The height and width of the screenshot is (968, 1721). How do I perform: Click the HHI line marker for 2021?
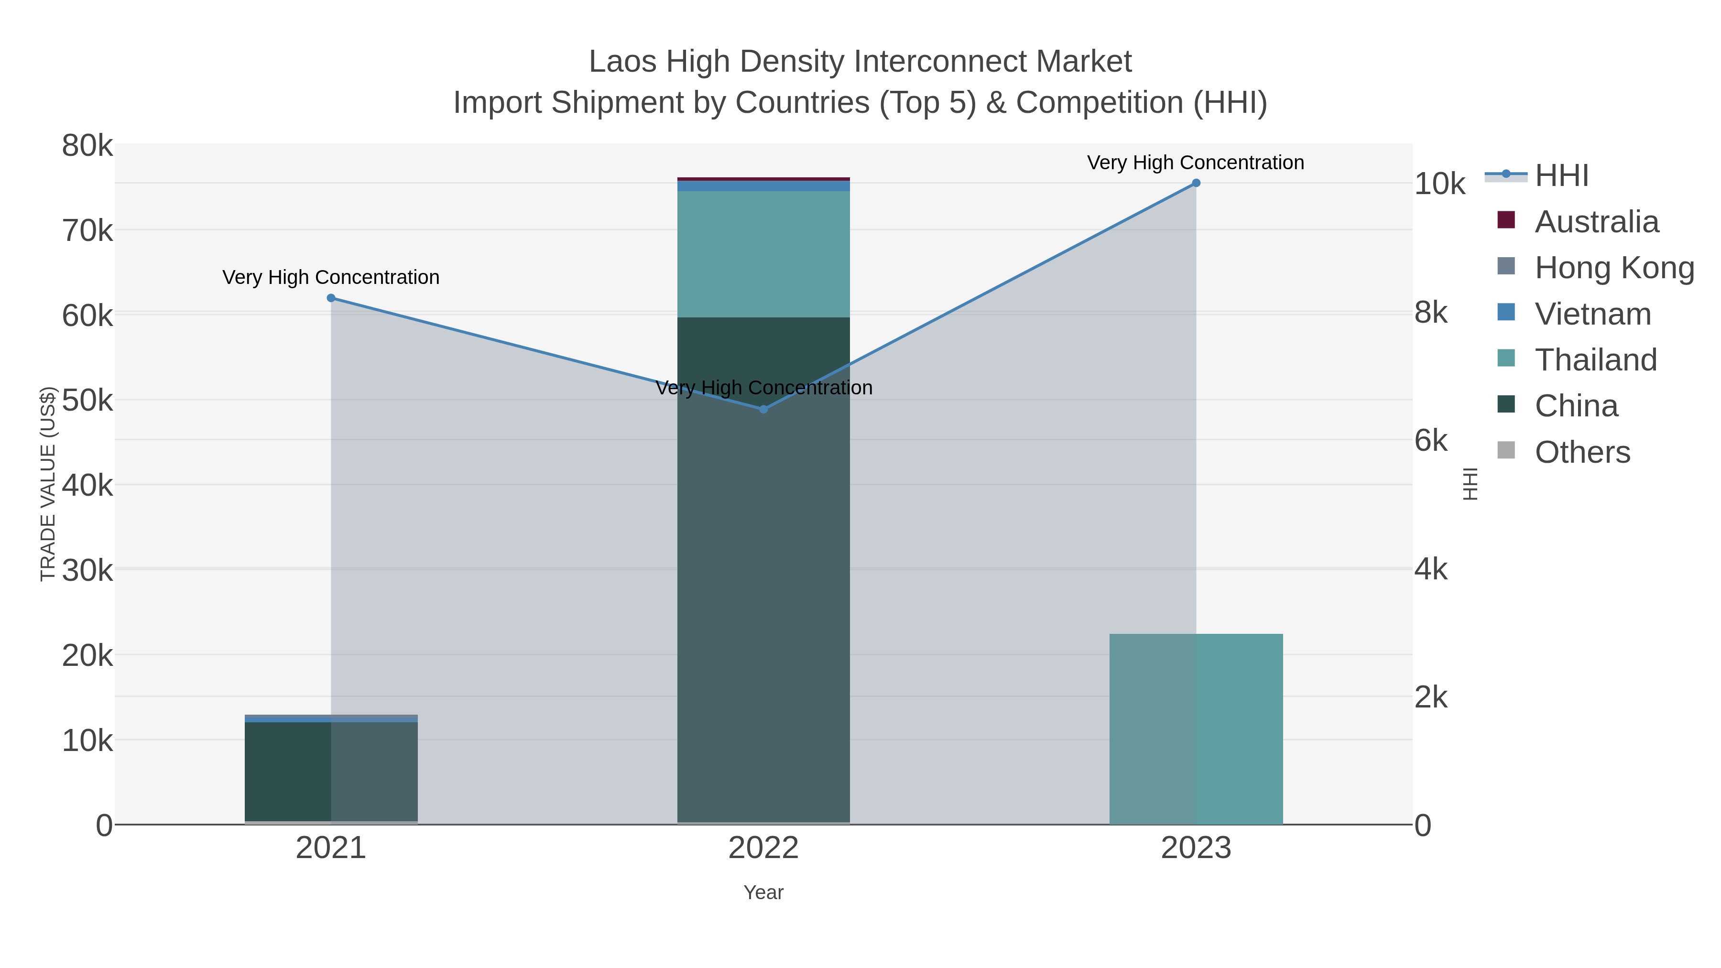[x=331, y=298]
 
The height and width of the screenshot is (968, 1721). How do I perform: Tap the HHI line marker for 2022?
[x=763, y=409]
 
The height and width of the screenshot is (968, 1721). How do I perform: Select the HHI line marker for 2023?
[x=1196, y=183]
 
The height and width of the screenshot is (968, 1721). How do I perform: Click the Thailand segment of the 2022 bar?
[x=763, y=254]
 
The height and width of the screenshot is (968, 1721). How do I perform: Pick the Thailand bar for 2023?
[x=1196, y=728]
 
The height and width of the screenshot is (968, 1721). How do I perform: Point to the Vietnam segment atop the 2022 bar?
[x=763, y=186]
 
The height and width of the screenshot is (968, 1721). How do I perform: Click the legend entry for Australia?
[x=1596, y=222]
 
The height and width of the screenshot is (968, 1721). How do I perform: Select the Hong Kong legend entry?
[x=1613, y=268]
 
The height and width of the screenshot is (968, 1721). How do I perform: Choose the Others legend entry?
[x=1581, y=452]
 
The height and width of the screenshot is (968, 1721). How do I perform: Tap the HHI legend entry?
[x=1561, y=176]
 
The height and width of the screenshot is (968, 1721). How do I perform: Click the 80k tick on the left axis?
[x=87, y=146]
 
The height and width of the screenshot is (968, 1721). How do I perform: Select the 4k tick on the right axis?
[x=1431, y=569]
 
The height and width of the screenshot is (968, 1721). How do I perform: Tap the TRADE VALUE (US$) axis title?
[x=48, y=484]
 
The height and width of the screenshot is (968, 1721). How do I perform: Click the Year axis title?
[x=763, y=892]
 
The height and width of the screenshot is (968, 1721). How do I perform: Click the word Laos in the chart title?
[x=622, y=62]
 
